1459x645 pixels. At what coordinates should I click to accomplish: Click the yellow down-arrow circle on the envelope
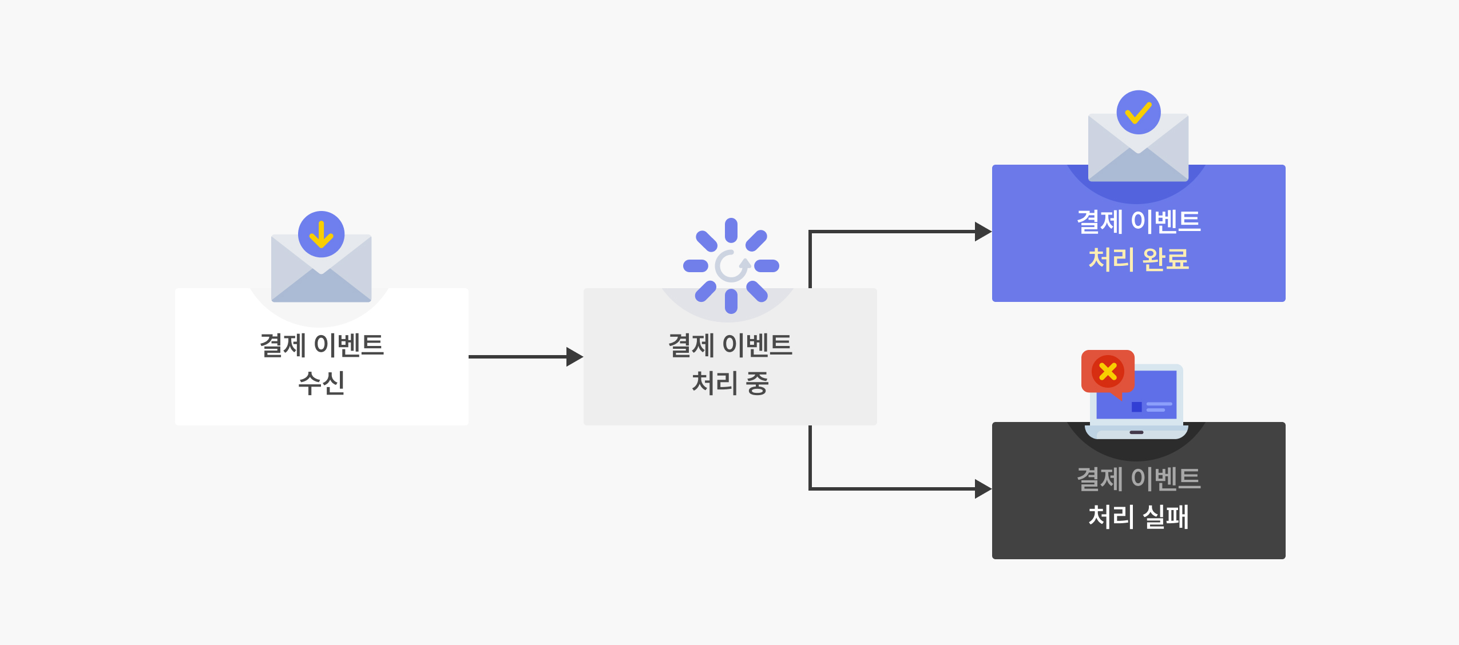tap(321, 234)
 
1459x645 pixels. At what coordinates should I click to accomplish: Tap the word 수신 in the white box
tap(322, 383)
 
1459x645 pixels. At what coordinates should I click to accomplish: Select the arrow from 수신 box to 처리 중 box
tap(526, 357)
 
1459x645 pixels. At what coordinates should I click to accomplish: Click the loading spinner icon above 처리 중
tap(731, 266)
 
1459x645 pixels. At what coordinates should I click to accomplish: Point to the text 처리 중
tap(730, 383)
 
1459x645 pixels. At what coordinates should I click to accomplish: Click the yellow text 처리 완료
tap(1139, 259)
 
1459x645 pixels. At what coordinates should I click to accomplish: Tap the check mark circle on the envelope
tap(1139, 112)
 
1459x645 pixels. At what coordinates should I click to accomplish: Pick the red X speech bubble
tap(1108, 372)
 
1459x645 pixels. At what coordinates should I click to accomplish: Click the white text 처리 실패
tap(1139, 516)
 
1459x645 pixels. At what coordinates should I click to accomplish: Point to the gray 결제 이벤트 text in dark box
tap(1139, 479)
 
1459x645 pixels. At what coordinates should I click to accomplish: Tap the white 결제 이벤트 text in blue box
tap(1139, 221)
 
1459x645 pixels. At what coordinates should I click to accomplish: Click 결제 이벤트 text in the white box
tap(322, 345)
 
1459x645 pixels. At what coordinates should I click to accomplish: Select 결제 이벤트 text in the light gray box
tap(730, 345)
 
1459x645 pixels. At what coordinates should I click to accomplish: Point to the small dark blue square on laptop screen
tap(1136, 407)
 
